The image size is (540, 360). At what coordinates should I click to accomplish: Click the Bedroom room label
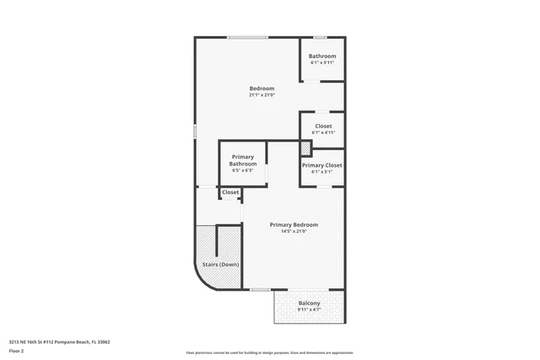coord(262,89)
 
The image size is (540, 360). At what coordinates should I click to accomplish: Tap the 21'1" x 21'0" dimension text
coord(262,95)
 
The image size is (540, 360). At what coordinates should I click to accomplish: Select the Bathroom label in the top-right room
coord(322,56)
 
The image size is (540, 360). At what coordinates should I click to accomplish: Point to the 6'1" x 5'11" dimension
coord(322,62)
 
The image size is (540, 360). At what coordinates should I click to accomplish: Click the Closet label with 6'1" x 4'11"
coord(322,126)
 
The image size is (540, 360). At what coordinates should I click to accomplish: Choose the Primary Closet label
coord(322,165)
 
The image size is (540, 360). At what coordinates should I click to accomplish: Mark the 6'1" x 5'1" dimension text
coord(322,171)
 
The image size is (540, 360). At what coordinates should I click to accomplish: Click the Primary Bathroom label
coord(243,160)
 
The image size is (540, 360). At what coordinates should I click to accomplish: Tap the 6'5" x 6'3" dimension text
coord(243,170)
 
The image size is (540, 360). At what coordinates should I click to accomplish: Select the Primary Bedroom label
coord(294,225)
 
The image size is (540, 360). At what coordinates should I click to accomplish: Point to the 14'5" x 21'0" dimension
coord(294,231)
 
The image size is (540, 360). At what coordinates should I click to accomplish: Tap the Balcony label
coord(310,304)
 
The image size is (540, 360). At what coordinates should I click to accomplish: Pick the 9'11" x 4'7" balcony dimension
coord(310,309)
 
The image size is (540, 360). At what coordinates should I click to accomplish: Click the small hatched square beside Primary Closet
coord(306,148)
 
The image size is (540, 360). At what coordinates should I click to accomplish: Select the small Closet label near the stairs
coord(230,192)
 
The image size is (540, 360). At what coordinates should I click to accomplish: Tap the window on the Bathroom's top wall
coord(321,37)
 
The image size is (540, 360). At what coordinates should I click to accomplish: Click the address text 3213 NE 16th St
coord(59,342)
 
